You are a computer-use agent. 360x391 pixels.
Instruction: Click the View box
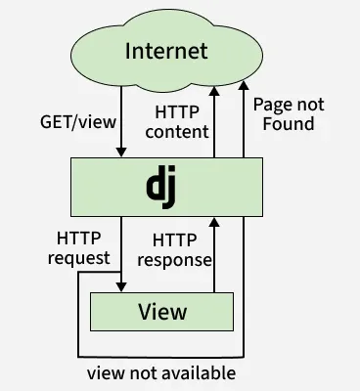click(x=162, y=313)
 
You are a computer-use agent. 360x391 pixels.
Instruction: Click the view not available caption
click(x=161, y=372)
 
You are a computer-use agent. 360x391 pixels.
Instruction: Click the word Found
click(x=283, y=123)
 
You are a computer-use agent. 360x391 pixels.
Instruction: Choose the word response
click(x=176, y=260)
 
